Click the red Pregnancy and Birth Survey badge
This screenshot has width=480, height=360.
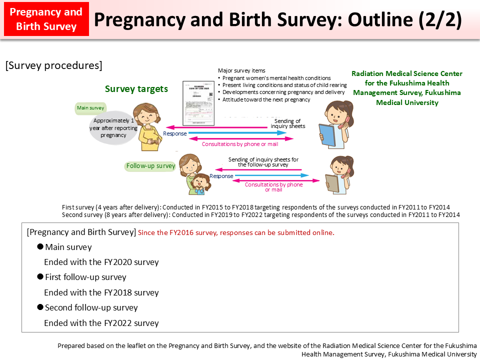pyautogui.click(x=45, y=19)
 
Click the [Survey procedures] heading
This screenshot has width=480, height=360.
pyautogui.click(x=54, y=65)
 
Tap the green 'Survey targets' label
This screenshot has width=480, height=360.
pyautogui.click(x=136, y=89)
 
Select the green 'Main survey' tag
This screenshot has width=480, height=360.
pyautogui.click(x=90, y=107)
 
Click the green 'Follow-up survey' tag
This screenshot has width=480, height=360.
pyautogui.click(x=150, y=166)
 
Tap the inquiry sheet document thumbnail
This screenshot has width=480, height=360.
pyautogui.click(x=197, y=103)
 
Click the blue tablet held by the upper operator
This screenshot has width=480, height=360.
pyautogui.click(x=327, y=135)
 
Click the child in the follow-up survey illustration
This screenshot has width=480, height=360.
pyautogui.click(x=199, y=183)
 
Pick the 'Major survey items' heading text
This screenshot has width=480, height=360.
pyautogui.click(x=241, y=70)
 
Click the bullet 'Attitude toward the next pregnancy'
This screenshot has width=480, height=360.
pyautogui.click(x=266, y=99)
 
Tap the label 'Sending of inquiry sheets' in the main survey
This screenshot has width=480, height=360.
pyautogui.click(x=287, y=123)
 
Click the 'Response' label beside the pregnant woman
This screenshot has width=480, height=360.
pyautogui.click(x=175, y=133)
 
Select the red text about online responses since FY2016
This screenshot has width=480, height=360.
pyautogui.click(x=236, y=232)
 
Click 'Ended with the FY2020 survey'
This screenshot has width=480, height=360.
pyautogui.click(x=101, y=262)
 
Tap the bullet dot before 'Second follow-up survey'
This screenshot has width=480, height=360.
pyautogui.click(x=40, y=307)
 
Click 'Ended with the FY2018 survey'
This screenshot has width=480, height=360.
pyautogui.click(x=101, y=292)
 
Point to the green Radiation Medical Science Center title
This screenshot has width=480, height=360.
pyautogui.click(x=407, y=88)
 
